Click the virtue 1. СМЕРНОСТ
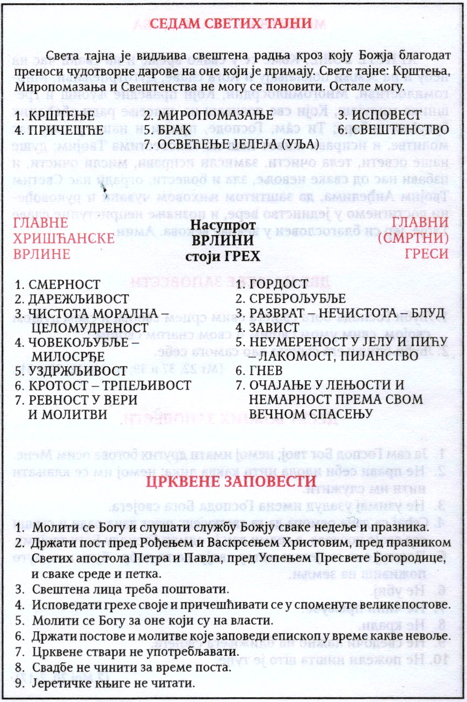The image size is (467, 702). click(x=58, y=285)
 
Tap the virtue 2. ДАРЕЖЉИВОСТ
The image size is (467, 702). click(x=72, y=299)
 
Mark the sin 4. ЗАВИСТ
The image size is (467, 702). click(x=264, y=327)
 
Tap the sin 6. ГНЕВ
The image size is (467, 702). click(x=259, y=370)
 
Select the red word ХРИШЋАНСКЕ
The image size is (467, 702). click(x=64, y=238)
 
